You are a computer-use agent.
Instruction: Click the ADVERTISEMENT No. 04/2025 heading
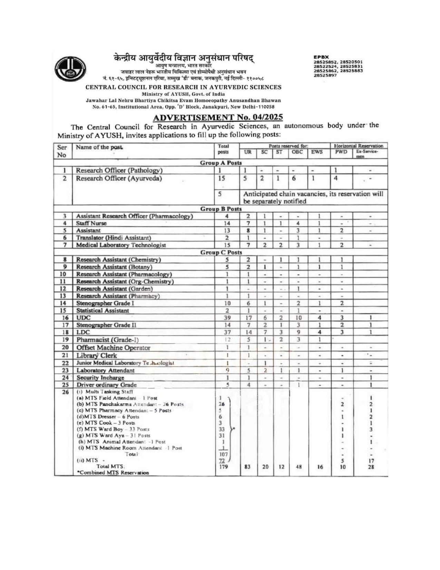[x=218, y=117]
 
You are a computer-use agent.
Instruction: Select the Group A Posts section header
[x=221, y=163]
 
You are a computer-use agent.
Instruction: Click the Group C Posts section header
[x=221, y=252]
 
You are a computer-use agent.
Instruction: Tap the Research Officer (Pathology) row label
[x=119, y=170]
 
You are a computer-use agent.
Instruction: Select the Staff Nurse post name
[x=91, y=223]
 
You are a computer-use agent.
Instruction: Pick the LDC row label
[x=83, y=332]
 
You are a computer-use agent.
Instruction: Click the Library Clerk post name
[x=97, y=355]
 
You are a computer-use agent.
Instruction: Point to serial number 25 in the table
[x=63, y=385]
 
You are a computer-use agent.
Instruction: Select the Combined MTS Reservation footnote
[x=113, y=473]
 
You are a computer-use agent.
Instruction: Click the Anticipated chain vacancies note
[x=312, y=197]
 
